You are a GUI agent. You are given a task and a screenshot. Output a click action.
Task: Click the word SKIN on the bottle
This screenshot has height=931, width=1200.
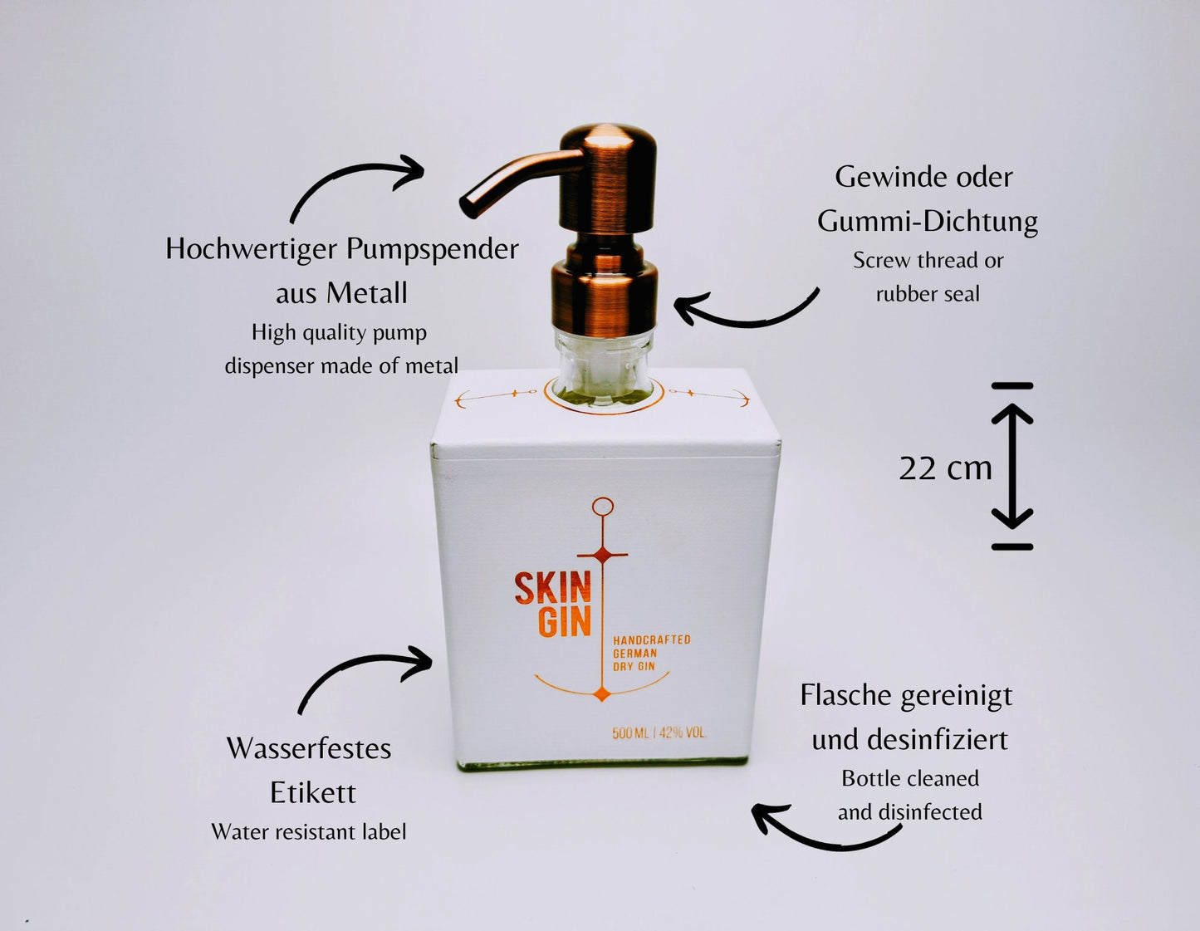point(553,589)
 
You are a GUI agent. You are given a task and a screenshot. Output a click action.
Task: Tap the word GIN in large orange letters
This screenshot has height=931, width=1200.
point(565,623)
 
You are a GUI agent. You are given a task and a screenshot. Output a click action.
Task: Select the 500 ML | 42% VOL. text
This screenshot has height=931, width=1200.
point(659,733)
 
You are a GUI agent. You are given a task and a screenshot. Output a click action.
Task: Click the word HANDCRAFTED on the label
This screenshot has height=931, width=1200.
point(652,640)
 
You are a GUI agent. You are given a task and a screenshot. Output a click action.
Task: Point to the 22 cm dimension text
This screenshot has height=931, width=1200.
point(945,468)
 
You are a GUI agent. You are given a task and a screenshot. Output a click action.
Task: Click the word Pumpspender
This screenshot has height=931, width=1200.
point(433,250)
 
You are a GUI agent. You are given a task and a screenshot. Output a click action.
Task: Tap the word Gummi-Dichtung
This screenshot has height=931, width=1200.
point(928,222)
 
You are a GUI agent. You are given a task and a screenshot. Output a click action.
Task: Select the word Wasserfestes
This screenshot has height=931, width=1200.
point(309,749)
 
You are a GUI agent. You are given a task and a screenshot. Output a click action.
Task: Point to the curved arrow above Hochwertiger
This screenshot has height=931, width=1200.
point(354,175)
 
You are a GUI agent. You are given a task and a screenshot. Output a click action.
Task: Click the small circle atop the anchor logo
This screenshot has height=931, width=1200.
point(602,506)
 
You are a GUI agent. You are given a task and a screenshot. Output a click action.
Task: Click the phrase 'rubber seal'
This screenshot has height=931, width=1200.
point(928,294)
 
